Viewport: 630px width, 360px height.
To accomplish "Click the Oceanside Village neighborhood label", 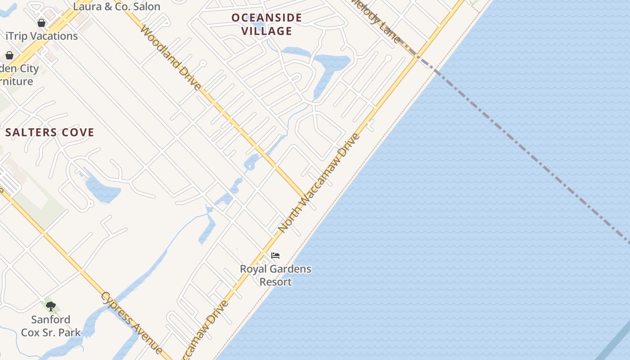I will pyautogui.click(x=266, y=24).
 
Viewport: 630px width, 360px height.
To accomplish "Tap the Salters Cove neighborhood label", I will pyautogui.click(x=50, y=132).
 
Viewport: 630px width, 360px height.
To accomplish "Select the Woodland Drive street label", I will pyautogui.click(x=171, y=58).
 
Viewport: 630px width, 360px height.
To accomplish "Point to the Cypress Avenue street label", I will pyautogui.click(x=131, y=322).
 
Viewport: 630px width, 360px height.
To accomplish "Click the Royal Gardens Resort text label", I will pyautogui.click(x=275, y=275).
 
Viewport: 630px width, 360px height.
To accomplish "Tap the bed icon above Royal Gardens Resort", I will pyautogui.click(x=275, y=256).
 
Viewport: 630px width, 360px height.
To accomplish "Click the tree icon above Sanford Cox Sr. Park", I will pyautogui.click(x=51, y=306).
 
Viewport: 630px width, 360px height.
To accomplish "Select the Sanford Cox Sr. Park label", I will pyautogui.click(x=51, y=326).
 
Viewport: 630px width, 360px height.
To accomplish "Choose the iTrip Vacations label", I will pyautogui.click(x=41, y=36).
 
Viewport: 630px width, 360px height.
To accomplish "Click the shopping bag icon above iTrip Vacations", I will pyautogui.click(x=41, y=22).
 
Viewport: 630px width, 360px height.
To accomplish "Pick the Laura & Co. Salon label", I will pyautogui.click(x=117, y=6).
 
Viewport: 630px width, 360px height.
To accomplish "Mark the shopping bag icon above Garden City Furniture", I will pyautogui.click(x=9, y=55).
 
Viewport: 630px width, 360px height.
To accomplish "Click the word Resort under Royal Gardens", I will pyautogui.click(x=275, y=282).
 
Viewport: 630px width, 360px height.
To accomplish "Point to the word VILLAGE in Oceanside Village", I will pyautogui.click(x=267, y=31).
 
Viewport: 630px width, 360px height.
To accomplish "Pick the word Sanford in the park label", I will pyautogui.click(x=51, y=319).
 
